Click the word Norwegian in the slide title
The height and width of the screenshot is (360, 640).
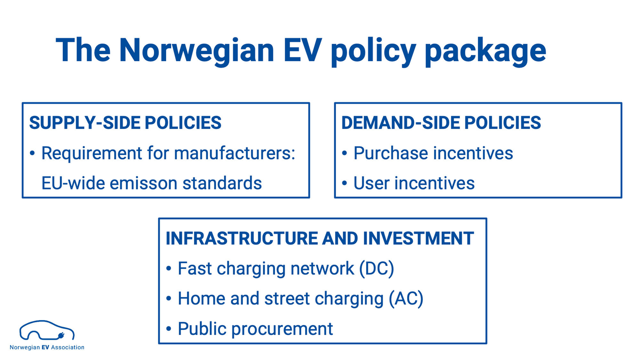(x=196, y=51)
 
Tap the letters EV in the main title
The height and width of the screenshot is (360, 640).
(x=302, y=50)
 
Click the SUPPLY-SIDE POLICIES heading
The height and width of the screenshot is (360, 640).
(x=125, y=123)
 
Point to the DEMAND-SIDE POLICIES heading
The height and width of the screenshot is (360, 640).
(x=441, y=123)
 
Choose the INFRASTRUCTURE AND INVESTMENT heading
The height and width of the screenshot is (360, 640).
(x=320, y=238)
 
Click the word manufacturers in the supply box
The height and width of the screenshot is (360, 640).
(x=233, y=153)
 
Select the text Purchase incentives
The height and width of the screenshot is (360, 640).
(x=433, y=153)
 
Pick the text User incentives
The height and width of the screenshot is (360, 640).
(x=414, y=183)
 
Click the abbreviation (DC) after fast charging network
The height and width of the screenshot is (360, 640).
(x=377, y=268)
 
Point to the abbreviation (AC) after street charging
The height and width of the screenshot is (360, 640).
(x=406, y=299)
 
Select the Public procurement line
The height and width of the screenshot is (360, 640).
(x=255, y=329)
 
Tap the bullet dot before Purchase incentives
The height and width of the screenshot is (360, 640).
(x=344, y=153)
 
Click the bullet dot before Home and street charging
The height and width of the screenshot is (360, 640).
(x=169, y=299)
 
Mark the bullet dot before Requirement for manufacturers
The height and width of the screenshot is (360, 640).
(x=32, y=153)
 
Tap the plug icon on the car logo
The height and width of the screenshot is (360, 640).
(x=61, y=335)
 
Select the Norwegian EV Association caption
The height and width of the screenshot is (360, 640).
(x=47, y=348)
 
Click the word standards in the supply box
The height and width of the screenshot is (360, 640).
(x=222, y=183)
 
